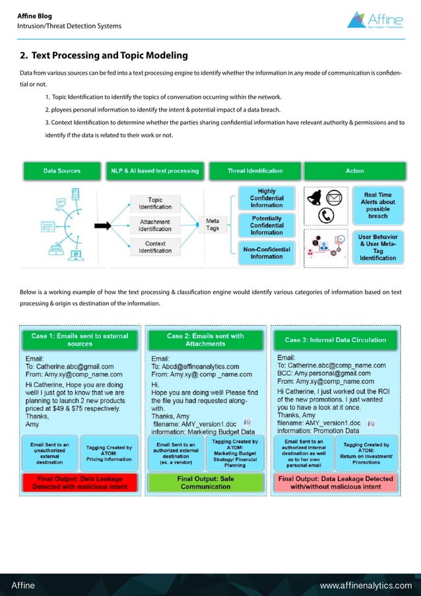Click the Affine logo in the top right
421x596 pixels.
pyautogui.click(x=379, y=19)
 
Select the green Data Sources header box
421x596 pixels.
pyautogui.click(x=61, y=171)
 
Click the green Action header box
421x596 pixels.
pyautogui.click(x=354, y=171)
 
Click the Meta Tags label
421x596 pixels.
pyautogui.click(x=212, y=225)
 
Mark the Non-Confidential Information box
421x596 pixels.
pyautogui.click(x=266, y=252)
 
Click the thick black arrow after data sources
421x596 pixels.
pyautogui.click(x=103, y=225)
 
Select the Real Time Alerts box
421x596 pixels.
pyautogui.click(x=378, y=205)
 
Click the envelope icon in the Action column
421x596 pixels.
pyautogui.click(x=335, y=197)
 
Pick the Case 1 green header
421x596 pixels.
pyautogui.click(x=80, y=340)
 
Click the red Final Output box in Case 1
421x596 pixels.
pyautogui.click(x=80, y=482)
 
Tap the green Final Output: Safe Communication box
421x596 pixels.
pyautogui.click(x=206, y=482)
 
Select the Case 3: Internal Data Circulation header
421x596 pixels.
pyautogui.click(x=335, y=340)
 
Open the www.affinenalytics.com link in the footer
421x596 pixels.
pyautogui.click(x=365, y=585)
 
